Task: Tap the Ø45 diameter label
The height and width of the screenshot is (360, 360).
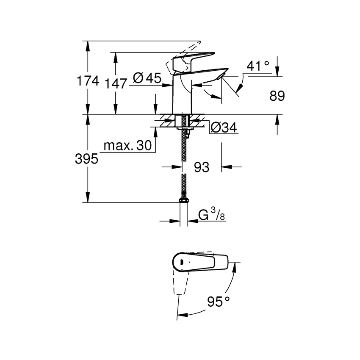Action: [147, 78]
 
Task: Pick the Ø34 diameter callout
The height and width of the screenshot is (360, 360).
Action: [223, 127]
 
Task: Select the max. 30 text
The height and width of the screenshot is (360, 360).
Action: [127, 146]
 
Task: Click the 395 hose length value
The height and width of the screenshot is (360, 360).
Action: [86, 159]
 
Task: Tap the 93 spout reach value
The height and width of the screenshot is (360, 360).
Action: [202, 167]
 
